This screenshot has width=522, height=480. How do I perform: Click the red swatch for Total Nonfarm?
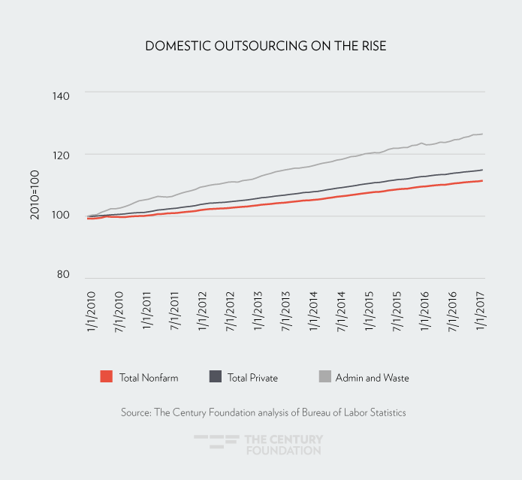[106, 377]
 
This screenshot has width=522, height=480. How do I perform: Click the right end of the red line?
[481, 181]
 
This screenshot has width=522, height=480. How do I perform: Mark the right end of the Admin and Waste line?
[481, 134]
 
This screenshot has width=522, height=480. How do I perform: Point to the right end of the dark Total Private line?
[481, 170]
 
